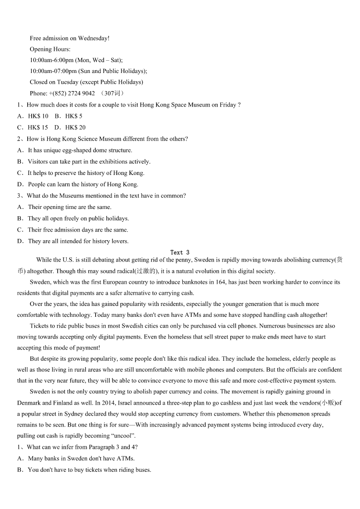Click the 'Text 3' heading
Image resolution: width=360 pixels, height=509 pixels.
tap(180, 252)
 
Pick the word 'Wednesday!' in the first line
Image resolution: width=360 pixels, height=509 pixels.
tap(93, 39)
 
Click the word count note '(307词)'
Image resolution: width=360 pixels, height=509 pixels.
tap(112, 93)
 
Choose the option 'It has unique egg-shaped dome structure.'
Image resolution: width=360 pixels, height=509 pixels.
tap(80, 150)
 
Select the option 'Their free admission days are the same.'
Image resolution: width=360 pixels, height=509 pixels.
tap(78, 230)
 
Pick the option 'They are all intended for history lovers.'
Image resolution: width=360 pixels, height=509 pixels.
tap(78, 241)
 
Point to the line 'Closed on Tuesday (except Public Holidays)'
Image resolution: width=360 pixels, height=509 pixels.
tap(86, 82)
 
